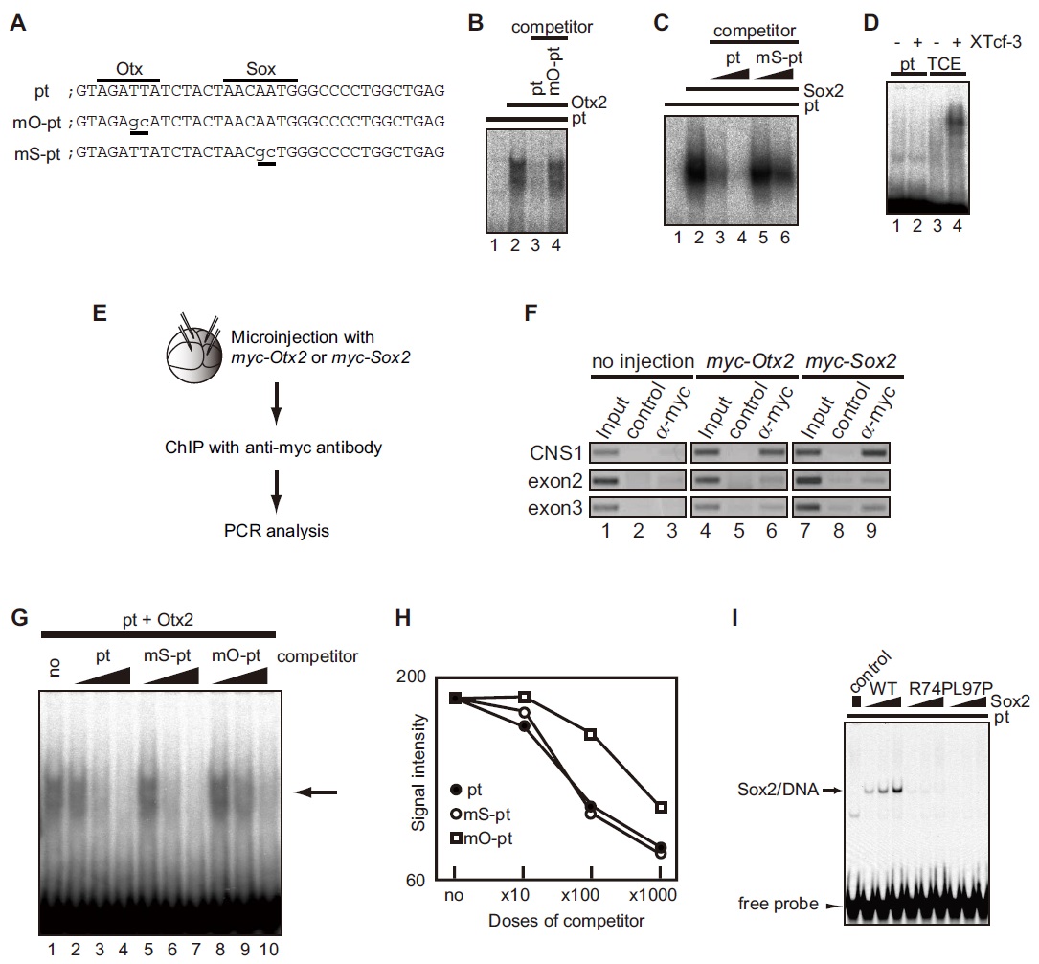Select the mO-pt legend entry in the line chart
(486, 838)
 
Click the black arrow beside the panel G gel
(316, 792)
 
